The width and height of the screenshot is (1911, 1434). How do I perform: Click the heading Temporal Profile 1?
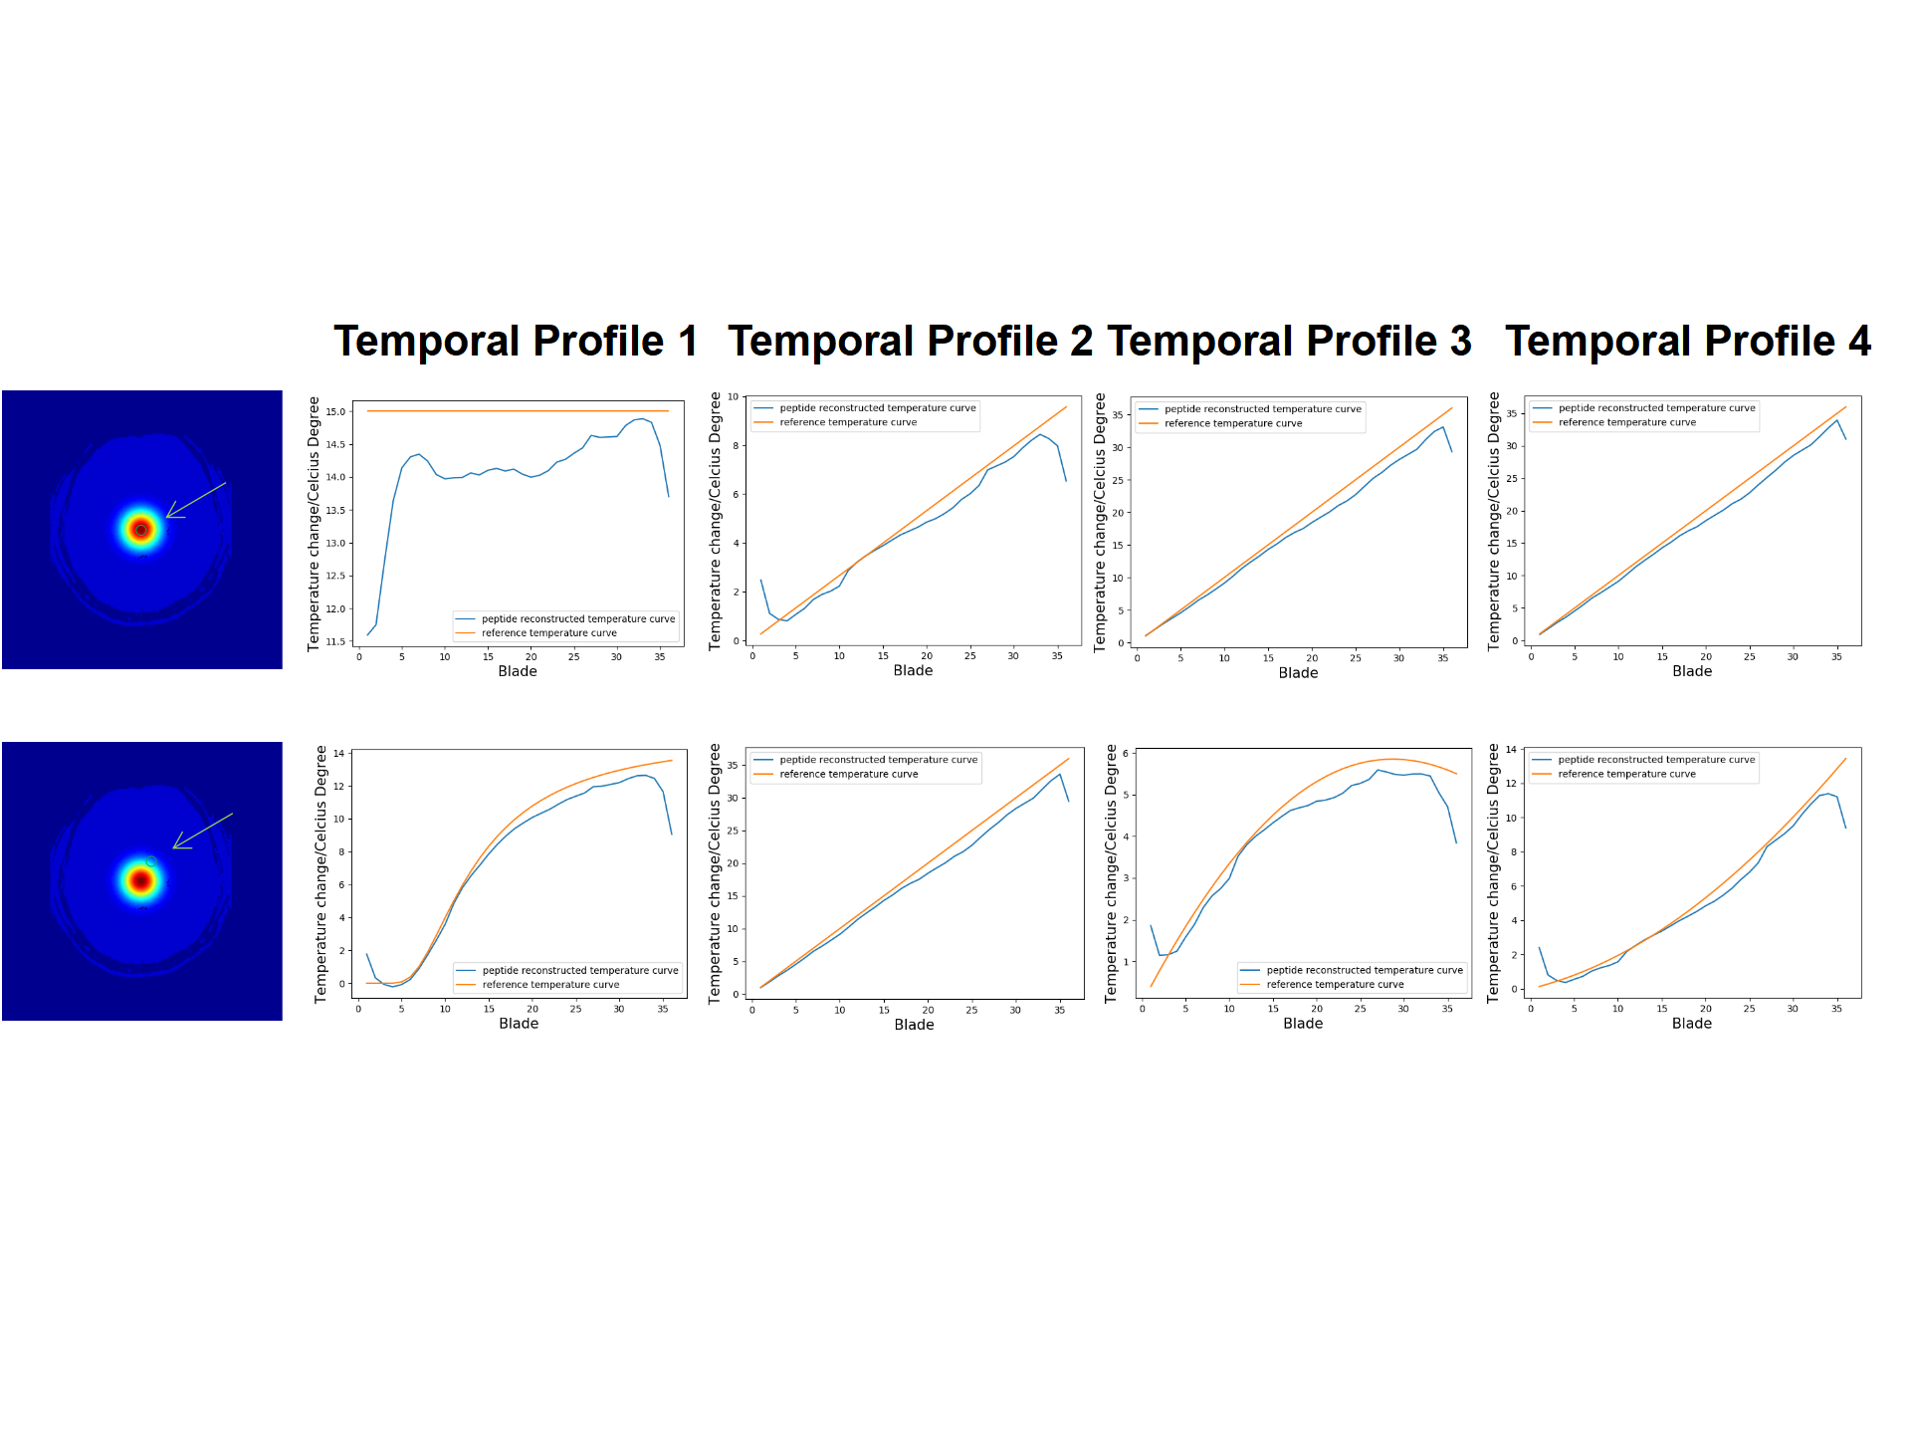click(x=515, y=341)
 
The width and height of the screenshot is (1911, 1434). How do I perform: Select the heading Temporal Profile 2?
click(x=910, y=341)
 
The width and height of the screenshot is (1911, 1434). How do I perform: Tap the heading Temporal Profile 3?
click(x=1289, y=341)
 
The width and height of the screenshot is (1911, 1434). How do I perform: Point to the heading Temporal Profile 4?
click(x=1687, y=341)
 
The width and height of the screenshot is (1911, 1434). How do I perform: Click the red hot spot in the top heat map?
click(x=141, y=530)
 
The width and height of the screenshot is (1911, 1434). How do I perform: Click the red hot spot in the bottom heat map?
click(x=141, y=880)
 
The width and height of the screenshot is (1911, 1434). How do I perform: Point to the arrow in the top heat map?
click(x=196, y=499)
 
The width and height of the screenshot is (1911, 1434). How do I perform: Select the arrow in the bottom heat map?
click(x=203, y=831)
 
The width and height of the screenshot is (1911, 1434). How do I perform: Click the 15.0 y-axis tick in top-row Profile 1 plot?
click(x=335, y=411)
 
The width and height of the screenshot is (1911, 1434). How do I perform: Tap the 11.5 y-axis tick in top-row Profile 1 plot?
click(x=335, y=641)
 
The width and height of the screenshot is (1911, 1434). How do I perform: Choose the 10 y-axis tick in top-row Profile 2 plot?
click(x=734, y=397)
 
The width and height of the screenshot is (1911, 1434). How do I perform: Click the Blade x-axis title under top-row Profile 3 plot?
click(x=1298, y=673)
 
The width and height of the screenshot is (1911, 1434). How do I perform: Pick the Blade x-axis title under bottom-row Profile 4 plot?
click(x=1691, y=1024)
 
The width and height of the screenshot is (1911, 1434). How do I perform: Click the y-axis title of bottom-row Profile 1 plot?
click(x=320, y=873)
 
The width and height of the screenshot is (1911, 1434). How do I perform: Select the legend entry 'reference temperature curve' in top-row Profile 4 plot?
click(x=1626, y=422)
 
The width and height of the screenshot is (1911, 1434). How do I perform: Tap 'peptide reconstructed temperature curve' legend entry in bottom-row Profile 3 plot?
click(x=1364, y=970)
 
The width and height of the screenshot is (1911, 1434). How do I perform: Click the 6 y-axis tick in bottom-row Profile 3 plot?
click(x=1126, y=754)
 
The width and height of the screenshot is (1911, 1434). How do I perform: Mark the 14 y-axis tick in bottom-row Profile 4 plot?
click(x=1511, y=750)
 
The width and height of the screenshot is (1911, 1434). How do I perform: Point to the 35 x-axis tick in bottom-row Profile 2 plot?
click(x=1059, y=1010)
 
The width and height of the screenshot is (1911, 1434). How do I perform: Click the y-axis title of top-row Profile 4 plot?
click(x=1494, y=521)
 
